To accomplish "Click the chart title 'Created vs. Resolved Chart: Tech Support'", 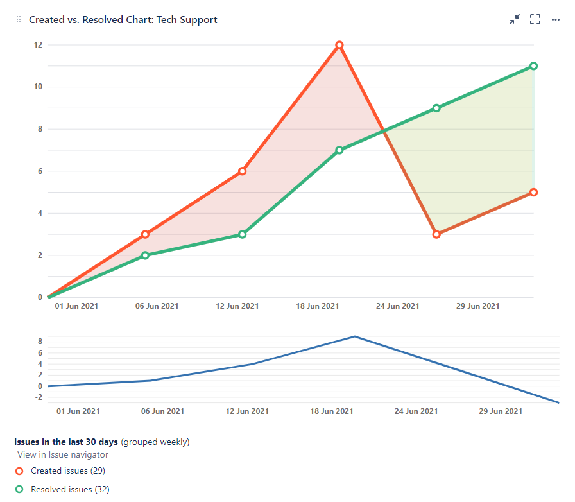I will tap(123, 20).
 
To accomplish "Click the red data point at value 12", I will tap(339, 45).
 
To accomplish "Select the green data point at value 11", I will tap(533, 66).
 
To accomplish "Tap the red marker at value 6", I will tap(242, 171).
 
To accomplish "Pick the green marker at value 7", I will tap(339, 150).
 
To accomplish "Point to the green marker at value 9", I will tap(436, 108).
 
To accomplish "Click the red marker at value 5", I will tap(533, 193).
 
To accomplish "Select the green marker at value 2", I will tap(145, 255).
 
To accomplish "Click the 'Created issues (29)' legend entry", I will tap(67, 471).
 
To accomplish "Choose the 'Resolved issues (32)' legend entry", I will tap(70, 490).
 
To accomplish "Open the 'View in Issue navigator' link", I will tap(63, 454).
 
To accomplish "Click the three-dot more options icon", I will tap(556, 20).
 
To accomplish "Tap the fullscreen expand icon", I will tap(535, 20).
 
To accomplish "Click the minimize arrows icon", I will tap(515, 20).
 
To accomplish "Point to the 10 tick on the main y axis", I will tap(38, 87).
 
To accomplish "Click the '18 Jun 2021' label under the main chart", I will tap(317, 306).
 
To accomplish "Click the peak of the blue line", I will tap(354, 336).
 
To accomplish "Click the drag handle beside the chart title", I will tap(19, 20).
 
